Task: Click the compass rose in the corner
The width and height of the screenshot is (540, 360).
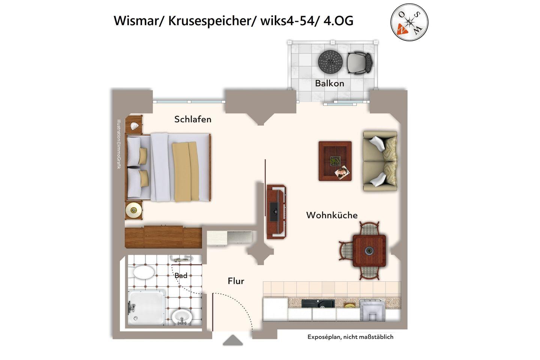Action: click(409, 22)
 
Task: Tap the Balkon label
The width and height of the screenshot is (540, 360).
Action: click(330, 83)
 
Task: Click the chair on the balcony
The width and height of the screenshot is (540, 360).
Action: click(360, 63)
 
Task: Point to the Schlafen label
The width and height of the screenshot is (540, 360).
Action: click(193, 119)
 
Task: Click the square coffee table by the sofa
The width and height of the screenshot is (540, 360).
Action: click(335, 161)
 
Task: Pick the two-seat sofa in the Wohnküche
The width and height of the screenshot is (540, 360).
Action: click(380, 161)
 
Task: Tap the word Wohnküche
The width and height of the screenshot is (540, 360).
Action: click(332, 215)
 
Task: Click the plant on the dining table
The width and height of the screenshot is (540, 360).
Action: click(369, 251)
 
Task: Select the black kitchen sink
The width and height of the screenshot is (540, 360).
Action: click(318, 303)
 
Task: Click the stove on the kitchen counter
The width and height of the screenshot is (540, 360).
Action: click(372, 310)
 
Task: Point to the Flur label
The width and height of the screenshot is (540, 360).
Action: click(236, 281)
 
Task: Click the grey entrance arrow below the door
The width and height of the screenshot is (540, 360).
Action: click(232, 340)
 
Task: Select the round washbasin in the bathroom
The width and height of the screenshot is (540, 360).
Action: click(182, 317)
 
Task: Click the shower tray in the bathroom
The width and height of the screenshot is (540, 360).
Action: click(147, 308)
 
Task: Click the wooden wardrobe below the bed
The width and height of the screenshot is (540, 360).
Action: click(163, 237)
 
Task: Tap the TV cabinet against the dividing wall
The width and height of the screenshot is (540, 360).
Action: click(276, 212)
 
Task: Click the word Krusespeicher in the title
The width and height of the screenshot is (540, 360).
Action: click(210, 21)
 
